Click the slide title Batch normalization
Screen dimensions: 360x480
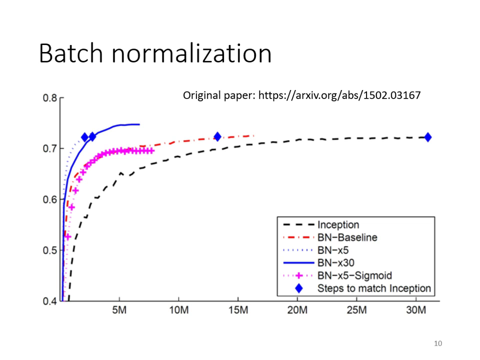tap(155, 53)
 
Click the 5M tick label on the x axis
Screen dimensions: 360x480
tap(119, 311)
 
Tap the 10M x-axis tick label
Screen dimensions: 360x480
tap(178, 311)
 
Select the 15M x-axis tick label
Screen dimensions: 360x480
tap(238, 311)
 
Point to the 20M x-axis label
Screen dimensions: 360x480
tap(297, 311)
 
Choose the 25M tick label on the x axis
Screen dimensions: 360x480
tap(356, 311)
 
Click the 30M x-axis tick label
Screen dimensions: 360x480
tap(415, 311)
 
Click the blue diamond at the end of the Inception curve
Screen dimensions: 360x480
tap(428, 137)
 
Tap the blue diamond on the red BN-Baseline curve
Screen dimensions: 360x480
tap(217, 136)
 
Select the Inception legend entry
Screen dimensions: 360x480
tap(338, 225)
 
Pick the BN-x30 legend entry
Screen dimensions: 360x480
tap(335, 262)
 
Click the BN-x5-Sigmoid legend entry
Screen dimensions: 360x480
tap(354, 275)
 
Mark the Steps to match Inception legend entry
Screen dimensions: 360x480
tap(373, 288)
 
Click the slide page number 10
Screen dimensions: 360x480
tap(438, 343)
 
